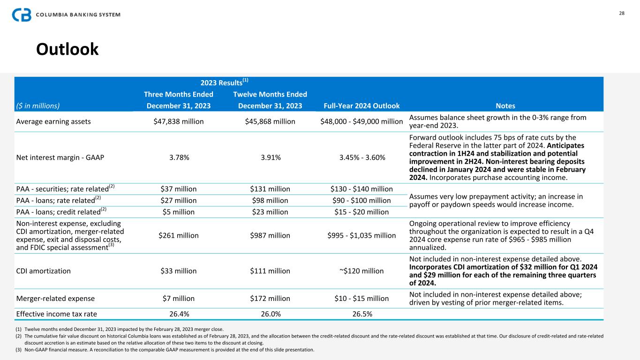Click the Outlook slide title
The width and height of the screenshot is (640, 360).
coord(68,49)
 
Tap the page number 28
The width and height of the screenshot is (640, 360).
coord(622,13)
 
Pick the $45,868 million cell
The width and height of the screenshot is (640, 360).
coord(270,121)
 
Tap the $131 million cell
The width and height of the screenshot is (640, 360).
coord(270,189)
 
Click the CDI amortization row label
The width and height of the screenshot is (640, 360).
coord(44,271)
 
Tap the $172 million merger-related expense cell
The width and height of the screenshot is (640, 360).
coord(270,298)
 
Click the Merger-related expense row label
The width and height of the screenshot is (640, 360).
coord(55,298)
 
